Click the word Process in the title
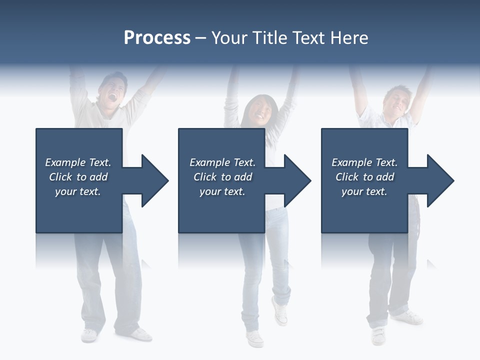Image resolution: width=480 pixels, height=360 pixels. tap(157, 38)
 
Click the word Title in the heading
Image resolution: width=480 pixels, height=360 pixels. tap(270, 38)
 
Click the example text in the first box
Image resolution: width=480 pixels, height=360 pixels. tap(78, 177)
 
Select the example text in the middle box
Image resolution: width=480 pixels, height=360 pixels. tap(222, 177)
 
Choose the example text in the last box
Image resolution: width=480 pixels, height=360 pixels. tap(364, 177)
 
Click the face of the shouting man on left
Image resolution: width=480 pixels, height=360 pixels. tap(113, 90)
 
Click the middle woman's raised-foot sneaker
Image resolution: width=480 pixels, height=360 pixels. tap(280, 310)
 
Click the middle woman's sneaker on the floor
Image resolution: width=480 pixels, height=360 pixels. tap(255, 338)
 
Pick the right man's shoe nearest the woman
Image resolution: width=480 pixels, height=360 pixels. tap(378, 335)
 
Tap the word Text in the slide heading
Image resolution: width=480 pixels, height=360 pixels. tap(310, 38)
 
